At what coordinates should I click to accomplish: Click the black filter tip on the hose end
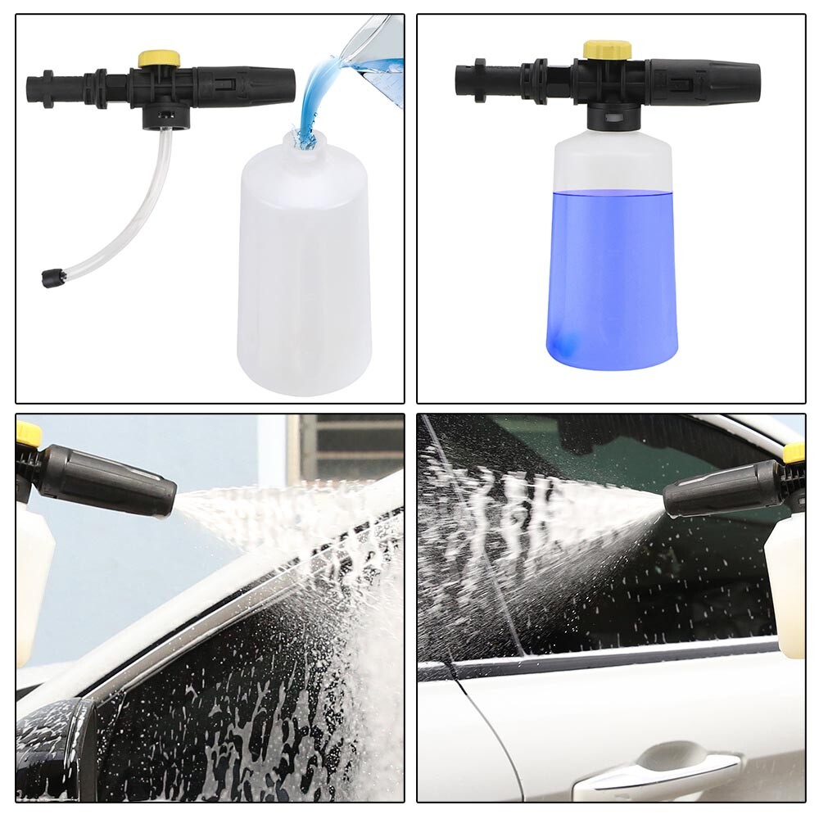(x=50, y=278)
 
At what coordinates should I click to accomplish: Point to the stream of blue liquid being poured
(x=315, y=98)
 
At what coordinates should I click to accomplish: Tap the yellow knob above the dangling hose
(x=159, y=58)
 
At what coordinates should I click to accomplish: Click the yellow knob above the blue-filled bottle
(x=607, y=49)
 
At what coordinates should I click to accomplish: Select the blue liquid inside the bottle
(x=612, y=270)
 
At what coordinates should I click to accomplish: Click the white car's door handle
(x=655, y=766)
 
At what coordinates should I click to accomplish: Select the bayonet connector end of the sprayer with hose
(x=45, y=85)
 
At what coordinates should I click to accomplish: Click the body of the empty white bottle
(x=303, y=270)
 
